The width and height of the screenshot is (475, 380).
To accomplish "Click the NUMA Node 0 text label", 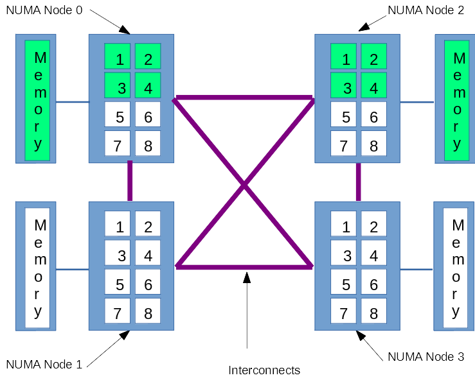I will pyautogui.click(x=44, y=12).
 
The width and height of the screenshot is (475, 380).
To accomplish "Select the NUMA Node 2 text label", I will pyautogui.click(x=426, y=11).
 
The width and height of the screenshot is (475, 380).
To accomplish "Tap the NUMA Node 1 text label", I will pyautogui.click(x=44, y=365).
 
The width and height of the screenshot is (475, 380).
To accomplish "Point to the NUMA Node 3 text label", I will pyautogui.click(x=426, y=357).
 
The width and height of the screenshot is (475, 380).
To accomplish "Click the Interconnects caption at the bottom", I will pyautogui.click(x=264, y=370).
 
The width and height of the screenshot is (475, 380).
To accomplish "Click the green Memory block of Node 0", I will pyautogui.click(x=37, y=101).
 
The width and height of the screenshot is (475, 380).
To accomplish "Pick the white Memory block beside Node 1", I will pyautogui.click(x=37, y=268).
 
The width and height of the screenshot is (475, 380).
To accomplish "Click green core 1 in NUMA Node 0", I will pyautogui.click(x=118, y=56).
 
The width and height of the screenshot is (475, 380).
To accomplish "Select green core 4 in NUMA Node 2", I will pyautogui.click(x=373, y=85).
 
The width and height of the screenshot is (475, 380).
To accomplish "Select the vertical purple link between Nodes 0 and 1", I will pyautogui.click(x=130, y=182).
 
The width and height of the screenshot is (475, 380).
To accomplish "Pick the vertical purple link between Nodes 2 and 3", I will pyautogui.click(x=358, y=182).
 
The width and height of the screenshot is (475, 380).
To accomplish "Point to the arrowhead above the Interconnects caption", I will pyautogui.click(x=247, y=277).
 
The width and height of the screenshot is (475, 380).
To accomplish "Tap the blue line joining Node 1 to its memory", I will pyautogui.click(x=72, y=270).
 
